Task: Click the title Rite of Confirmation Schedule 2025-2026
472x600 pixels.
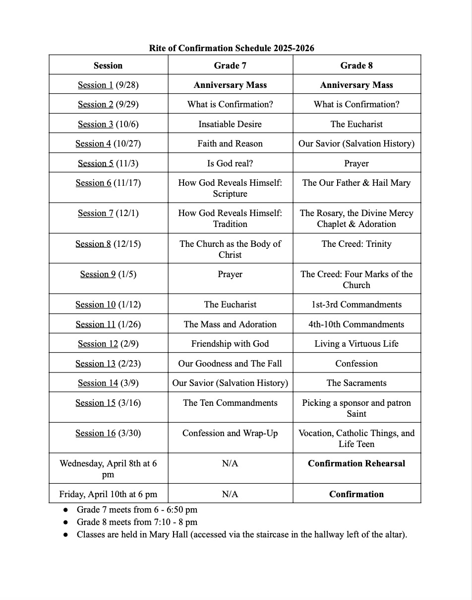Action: point(232,48)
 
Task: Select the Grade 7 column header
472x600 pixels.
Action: point(230,66)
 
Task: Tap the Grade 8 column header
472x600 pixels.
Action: point(356,66)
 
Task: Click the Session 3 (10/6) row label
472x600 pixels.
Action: point(108,124)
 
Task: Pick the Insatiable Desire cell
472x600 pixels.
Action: point(230,124)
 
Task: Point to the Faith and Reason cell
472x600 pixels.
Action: point(230,144)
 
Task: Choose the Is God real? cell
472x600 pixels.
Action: point(230,163)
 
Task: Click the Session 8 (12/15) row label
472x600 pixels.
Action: point(108,244)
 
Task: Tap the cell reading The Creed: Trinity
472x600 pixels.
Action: point(356,244)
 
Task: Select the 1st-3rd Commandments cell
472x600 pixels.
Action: point(356,304)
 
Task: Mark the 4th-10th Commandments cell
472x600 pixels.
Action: point(356,324)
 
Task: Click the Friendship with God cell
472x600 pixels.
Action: point(230,344)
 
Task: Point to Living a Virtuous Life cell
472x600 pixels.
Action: point(356,344)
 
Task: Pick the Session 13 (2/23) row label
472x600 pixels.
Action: point(108,364)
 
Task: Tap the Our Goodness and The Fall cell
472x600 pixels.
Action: point(230,364)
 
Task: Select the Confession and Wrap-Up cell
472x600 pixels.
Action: point(230,433)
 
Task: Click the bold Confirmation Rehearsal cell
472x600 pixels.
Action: point(356,463)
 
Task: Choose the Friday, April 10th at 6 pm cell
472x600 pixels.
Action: point(108,494)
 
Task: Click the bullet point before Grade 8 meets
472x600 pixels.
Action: point(66,523)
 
